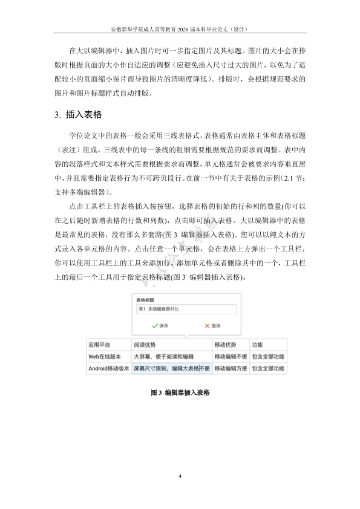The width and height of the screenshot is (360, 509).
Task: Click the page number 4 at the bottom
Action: (180, 476)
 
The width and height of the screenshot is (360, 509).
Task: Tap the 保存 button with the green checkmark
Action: (160, 325)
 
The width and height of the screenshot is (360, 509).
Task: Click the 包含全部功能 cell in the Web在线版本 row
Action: (267, 356)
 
